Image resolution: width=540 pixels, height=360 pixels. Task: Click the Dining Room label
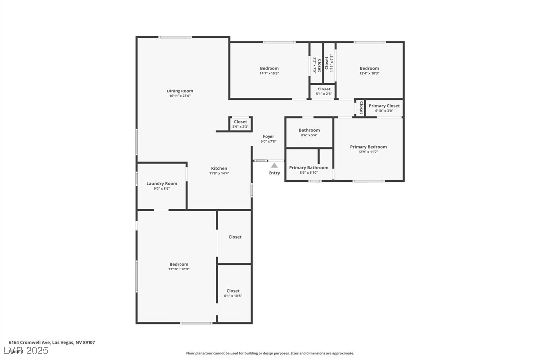pos(180,91)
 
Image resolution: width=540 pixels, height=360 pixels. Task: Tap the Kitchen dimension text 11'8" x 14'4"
pos(219,174)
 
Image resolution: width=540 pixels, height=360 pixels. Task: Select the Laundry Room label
pos(162,184)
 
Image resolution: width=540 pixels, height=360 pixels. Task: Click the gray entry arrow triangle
pos(274,165)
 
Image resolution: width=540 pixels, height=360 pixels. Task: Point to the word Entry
pos(274,173)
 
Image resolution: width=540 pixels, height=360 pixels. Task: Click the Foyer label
pos(269,136)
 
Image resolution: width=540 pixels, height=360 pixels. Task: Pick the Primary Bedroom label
pos(368,147)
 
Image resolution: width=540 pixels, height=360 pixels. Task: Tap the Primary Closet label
pos(384,106)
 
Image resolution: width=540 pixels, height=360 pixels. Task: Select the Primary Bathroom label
pos(309,168)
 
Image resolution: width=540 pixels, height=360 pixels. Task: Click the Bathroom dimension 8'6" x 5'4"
pos(309,135)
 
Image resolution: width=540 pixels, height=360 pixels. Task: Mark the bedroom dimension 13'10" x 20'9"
pos(179,269)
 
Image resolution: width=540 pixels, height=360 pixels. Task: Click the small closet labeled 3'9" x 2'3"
pos(240,127)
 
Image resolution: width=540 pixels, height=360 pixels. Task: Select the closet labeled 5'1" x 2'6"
pos(324,94)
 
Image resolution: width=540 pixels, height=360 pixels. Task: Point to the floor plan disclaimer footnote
pos(270,353)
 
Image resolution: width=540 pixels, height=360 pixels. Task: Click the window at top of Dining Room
pos(175,37)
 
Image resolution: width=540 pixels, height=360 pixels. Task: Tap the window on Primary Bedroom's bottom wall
pos(368,181)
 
